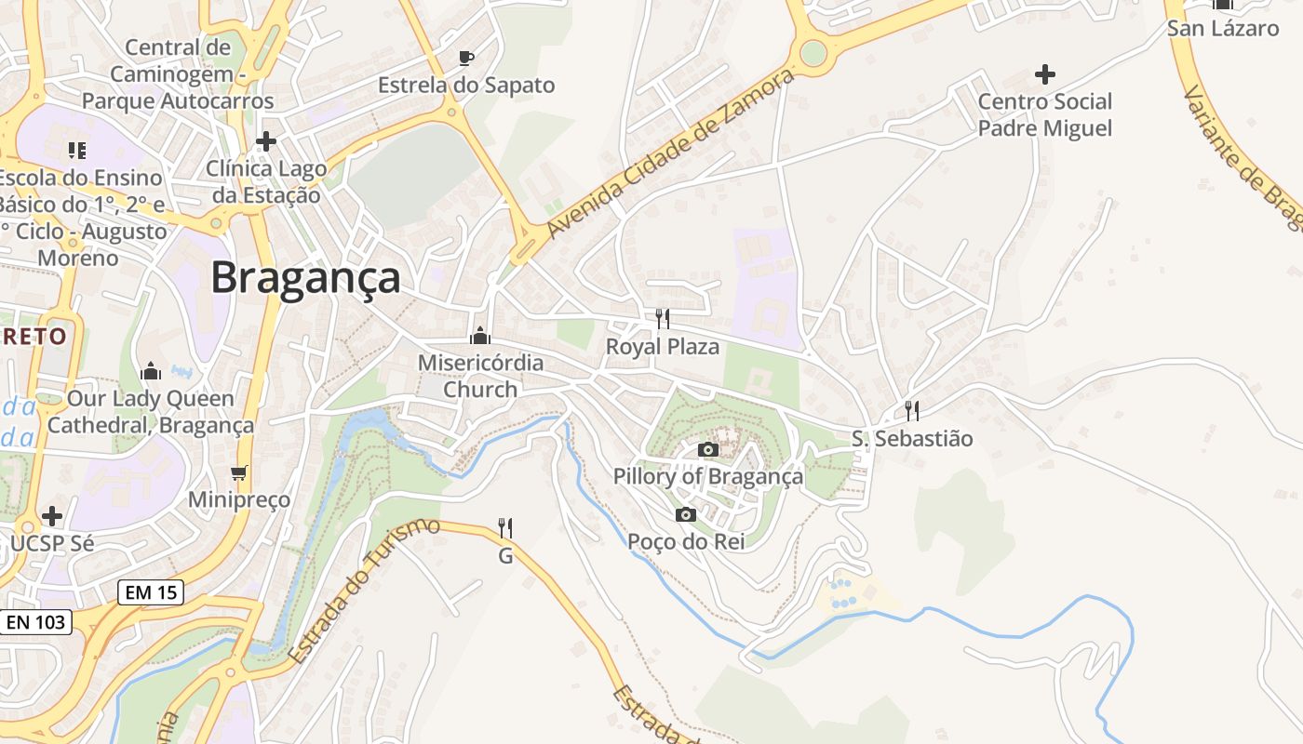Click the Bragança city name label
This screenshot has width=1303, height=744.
click(305, 277)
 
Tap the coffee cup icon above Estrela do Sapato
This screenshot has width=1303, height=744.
click(466, 59)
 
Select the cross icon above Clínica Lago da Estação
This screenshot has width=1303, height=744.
click(266, 141)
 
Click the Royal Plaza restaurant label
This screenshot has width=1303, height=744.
click(662, 347)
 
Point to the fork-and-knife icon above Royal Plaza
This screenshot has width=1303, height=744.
click(662, 319)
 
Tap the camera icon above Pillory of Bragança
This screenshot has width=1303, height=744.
click(707, 450)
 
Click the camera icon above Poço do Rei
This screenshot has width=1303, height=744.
click(686, 514)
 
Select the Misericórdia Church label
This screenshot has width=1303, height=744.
click(480, 376)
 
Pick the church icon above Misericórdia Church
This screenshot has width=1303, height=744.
click(480, 336)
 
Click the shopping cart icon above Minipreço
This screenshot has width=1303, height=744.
click(239, 473)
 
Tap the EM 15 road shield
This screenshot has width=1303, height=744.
click(151, 591)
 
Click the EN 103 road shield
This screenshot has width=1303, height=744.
click(37, 621)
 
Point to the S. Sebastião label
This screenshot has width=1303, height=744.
click(911, 438)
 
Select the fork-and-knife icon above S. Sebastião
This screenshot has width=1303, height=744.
click(912, 410)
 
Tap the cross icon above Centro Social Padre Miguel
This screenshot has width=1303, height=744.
click(1045, 73)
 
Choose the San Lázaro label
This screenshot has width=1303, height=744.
click(1222, 28)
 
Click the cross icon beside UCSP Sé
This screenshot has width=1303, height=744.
click(52, 515)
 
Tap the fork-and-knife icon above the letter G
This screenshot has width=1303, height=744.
click(505, 528)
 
